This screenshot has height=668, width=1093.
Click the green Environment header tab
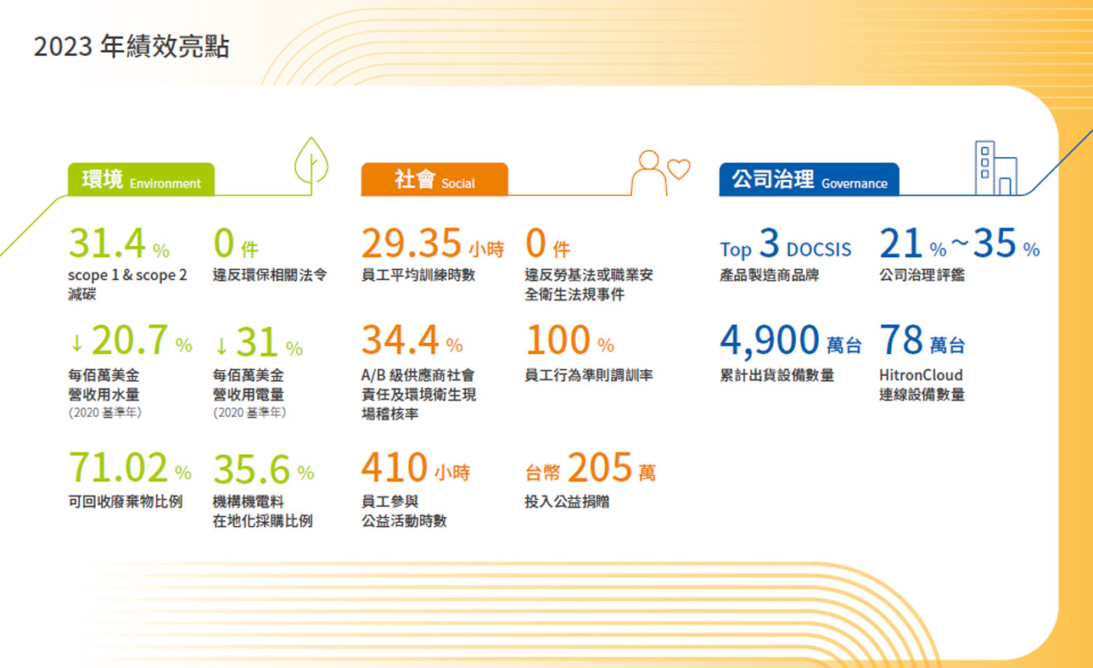tap(141, 179)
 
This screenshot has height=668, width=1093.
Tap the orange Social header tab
tap(434, 179)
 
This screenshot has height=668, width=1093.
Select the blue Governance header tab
tap(809, 179)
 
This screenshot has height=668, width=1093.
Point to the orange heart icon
tap(679, 169)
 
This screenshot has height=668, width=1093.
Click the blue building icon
tap(996, 168)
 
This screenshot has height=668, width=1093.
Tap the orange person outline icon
tap(649, 173)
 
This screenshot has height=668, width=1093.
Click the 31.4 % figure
tap(119, 243)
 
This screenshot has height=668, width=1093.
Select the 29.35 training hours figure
tap(432, 243)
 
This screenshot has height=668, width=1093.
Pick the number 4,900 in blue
tap(770, 340)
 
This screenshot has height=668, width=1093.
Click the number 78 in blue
tap(900, 340)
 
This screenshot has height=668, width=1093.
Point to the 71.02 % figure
tap(130, 468)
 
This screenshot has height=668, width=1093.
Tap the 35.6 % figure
tap(263, 469)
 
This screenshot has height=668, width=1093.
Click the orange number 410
tap(395, 467)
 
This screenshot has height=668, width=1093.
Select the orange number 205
tap(600, 467)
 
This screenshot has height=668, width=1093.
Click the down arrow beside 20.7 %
tap(76, 343)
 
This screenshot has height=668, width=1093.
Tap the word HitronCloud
tap(921, 375)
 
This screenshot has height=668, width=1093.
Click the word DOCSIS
tap(819, 250)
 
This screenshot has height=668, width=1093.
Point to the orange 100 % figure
tap(570, 340)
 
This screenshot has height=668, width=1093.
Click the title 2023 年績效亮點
tap(132, 47)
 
